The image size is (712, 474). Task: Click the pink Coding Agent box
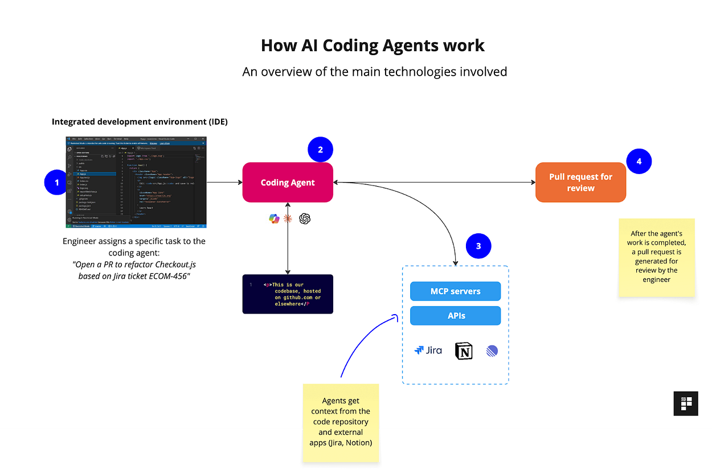pos(288,183)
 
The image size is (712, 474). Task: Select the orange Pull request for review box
pos(580,183)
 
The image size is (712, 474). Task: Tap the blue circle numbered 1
pos(56,183)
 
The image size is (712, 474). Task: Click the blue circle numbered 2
pos(320,150)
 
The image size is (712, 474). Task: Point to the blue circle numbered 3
pos(478,246)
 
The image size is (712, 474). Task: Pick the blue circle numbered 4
pos(639,162)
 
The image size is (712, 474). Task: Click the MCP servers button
pos(455,291)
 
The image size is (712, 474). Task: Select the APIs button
pos(455,316)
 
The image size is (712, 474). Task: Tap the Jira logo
pos(428,351)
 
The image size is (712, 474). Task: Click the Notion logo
pos(464,351)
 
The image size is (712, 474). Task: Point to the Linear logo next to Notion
pos(492,351)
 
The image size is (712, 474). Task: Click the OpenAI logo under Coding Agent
pos(305,219)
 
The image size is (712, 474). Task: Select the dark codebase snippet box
pos(288,294)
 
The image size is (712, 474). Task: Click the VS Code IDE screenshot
pos(136,183)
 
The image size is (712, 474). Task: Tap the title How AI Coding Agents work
pos(373,46)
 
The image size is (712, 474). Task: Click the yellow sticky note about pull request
pos(656,257)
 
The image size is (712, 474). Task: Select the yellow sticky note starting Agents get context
pos(341,422)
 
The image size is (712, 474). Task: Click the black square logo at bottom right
pos(685,403)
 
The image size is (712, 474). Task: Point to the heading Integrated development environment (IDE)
pos(140,122)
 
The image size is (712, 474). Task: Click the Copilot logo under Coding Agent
pos(274,219)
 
